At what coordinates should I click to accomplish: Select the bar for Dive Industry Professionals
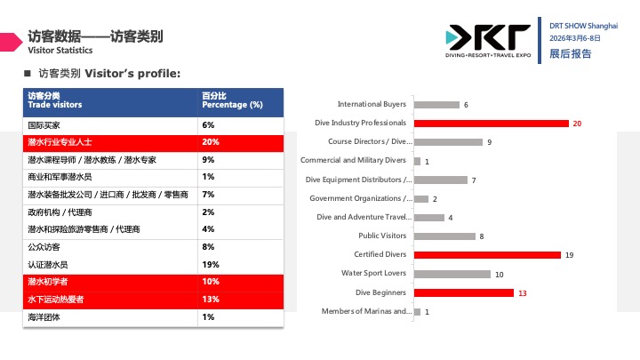click(491, 124)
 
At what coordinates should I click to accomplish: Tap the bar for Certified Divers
click(487, 255)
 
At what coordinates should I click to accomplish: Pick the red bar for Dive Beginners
click(463, 292)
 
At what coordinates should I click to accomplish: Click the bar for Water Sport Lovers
click(452, 274)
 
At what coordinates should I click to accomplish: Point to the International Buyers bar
click(436, 105)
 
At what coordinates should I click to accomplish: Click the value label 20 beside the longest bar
click(577, 124)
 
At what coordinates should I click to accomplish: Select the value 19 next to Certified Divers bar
click(569, 255)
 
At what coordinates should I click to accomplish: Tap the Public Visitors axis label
click(382, 236)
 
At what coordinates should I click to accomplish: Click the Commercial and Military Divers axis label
click(353, 161)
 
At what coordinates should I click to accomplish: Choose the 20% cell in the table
click(211, 142)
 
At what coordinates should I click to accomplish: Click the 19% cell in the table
click(211, 264)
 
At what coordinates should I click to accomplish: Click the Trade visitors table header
click(55, 105)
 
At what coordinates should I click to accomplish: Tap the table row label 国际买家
click(44, 125)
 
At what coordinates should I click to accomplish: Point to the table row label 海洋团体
click(44, 317)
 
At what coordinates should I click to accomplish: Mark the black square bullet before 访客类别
click(27, 73)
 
